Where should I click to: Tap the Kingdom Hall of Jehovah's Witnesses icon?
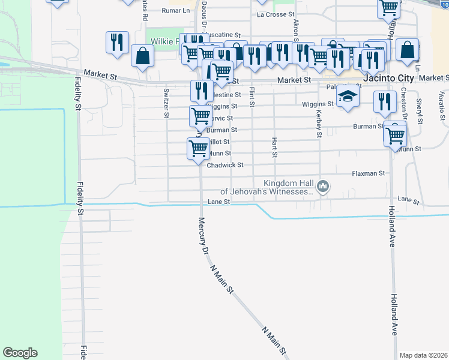pos(324,187)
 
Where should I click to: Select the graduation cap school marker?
pos(346,97)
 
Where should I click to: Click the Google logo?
pos(20,353)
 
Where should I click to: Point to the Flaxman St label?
pos(367,173)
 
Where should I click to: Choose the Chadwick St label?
pos(224,165)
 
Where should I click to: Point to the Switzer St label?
pos(166,103)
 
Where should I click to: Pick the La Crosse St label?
pos(276,14)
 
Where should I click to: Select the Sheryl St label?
pos(420,112)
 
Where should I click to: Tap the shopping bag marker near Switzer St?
pos(143,56)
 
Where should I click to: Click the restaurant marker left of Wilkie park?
pos(117,43)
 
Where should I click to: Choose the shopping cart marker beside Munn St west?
pos(198,148)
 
